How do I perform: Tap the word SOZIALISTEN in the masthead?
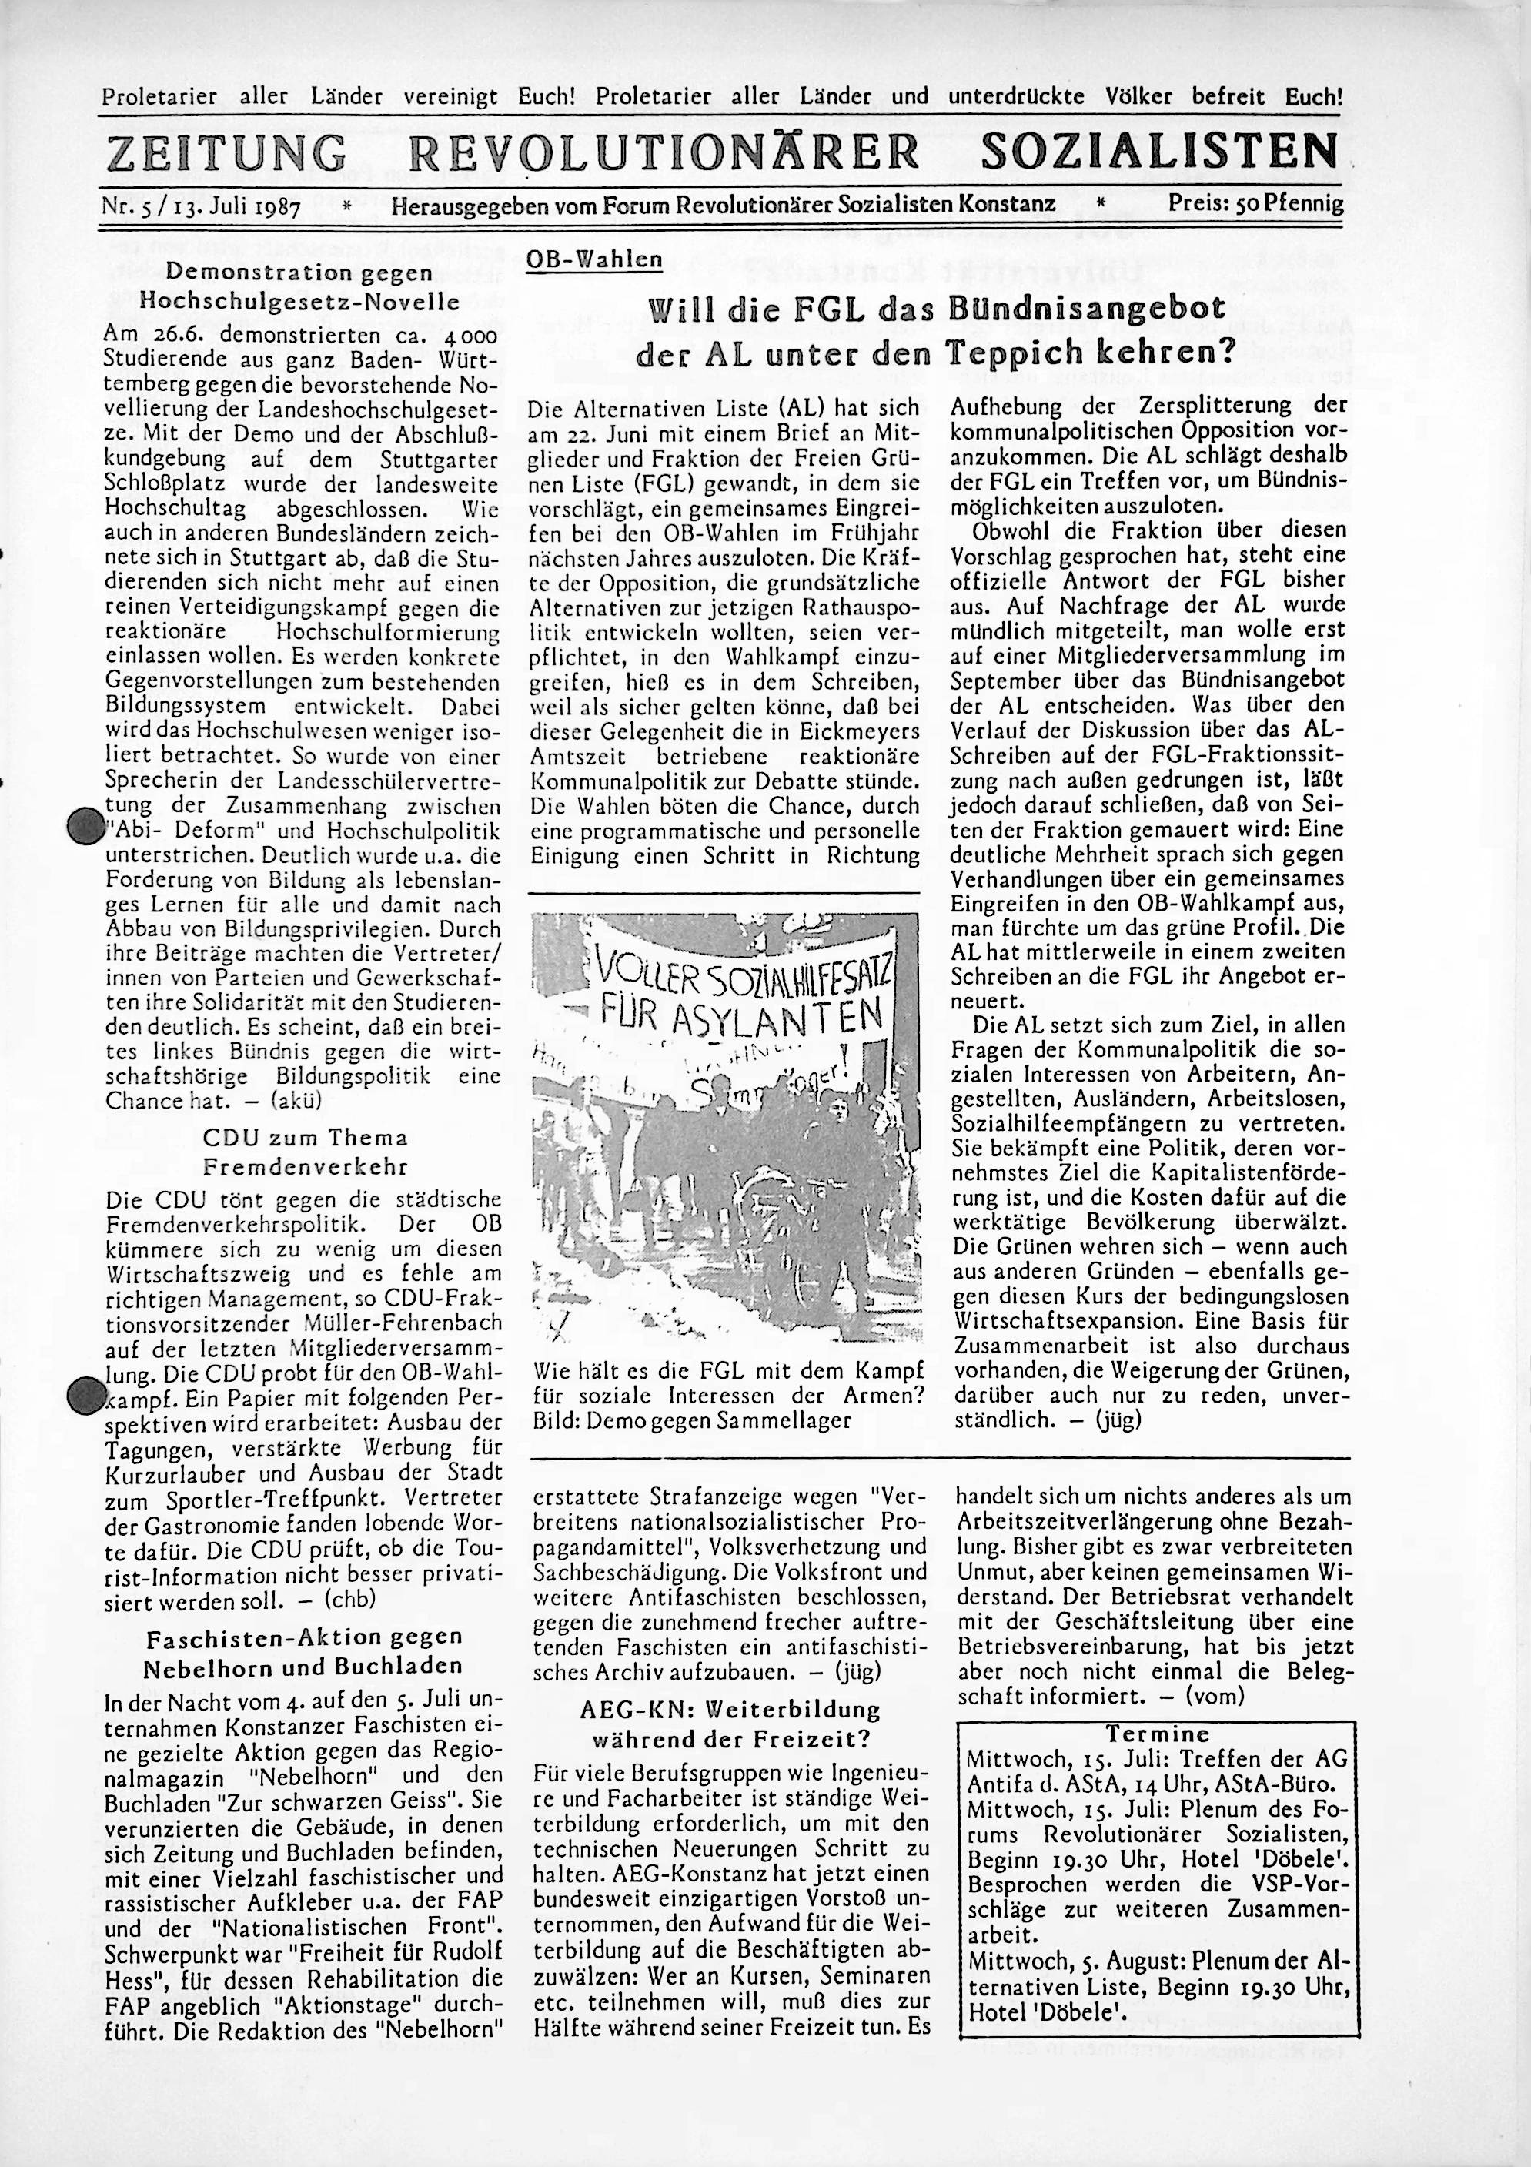1160,151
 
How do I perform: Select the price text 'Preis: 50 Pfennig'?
1255,203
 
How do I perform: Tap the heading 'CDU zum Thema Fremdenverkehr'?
305,1152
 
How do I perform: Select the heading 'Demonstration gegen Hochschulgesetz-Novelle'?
300,286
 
